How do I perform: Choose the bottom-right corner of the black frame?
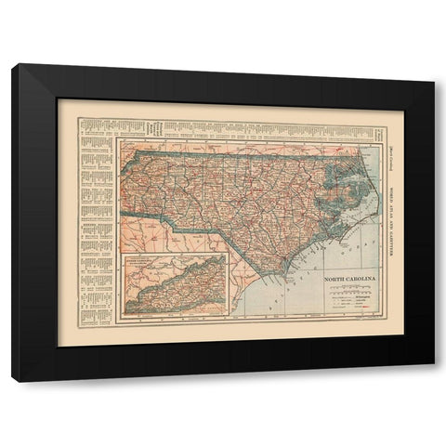tap(432, 380)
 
